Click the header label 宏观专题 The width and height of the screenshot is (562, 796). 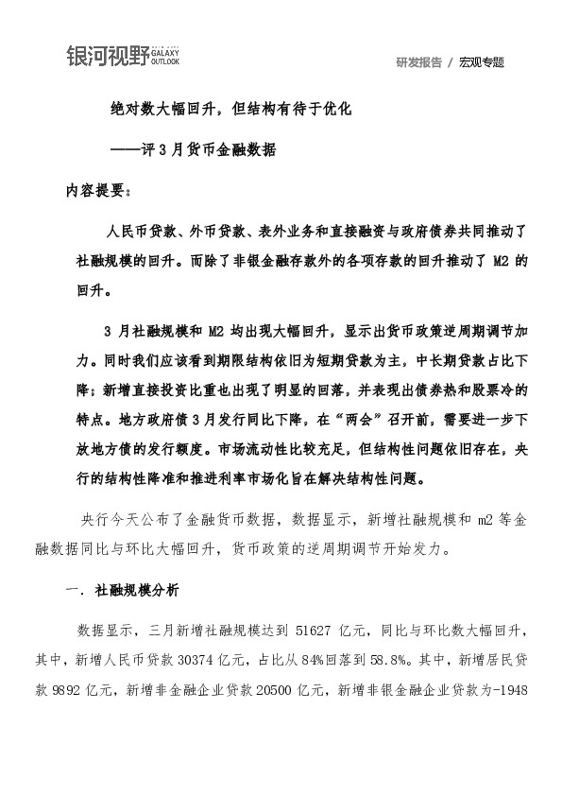pyautogui.click(x=482, y=62)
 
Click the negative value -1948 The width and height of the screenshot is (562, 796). pyautogui.click(x=520, y=678)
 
